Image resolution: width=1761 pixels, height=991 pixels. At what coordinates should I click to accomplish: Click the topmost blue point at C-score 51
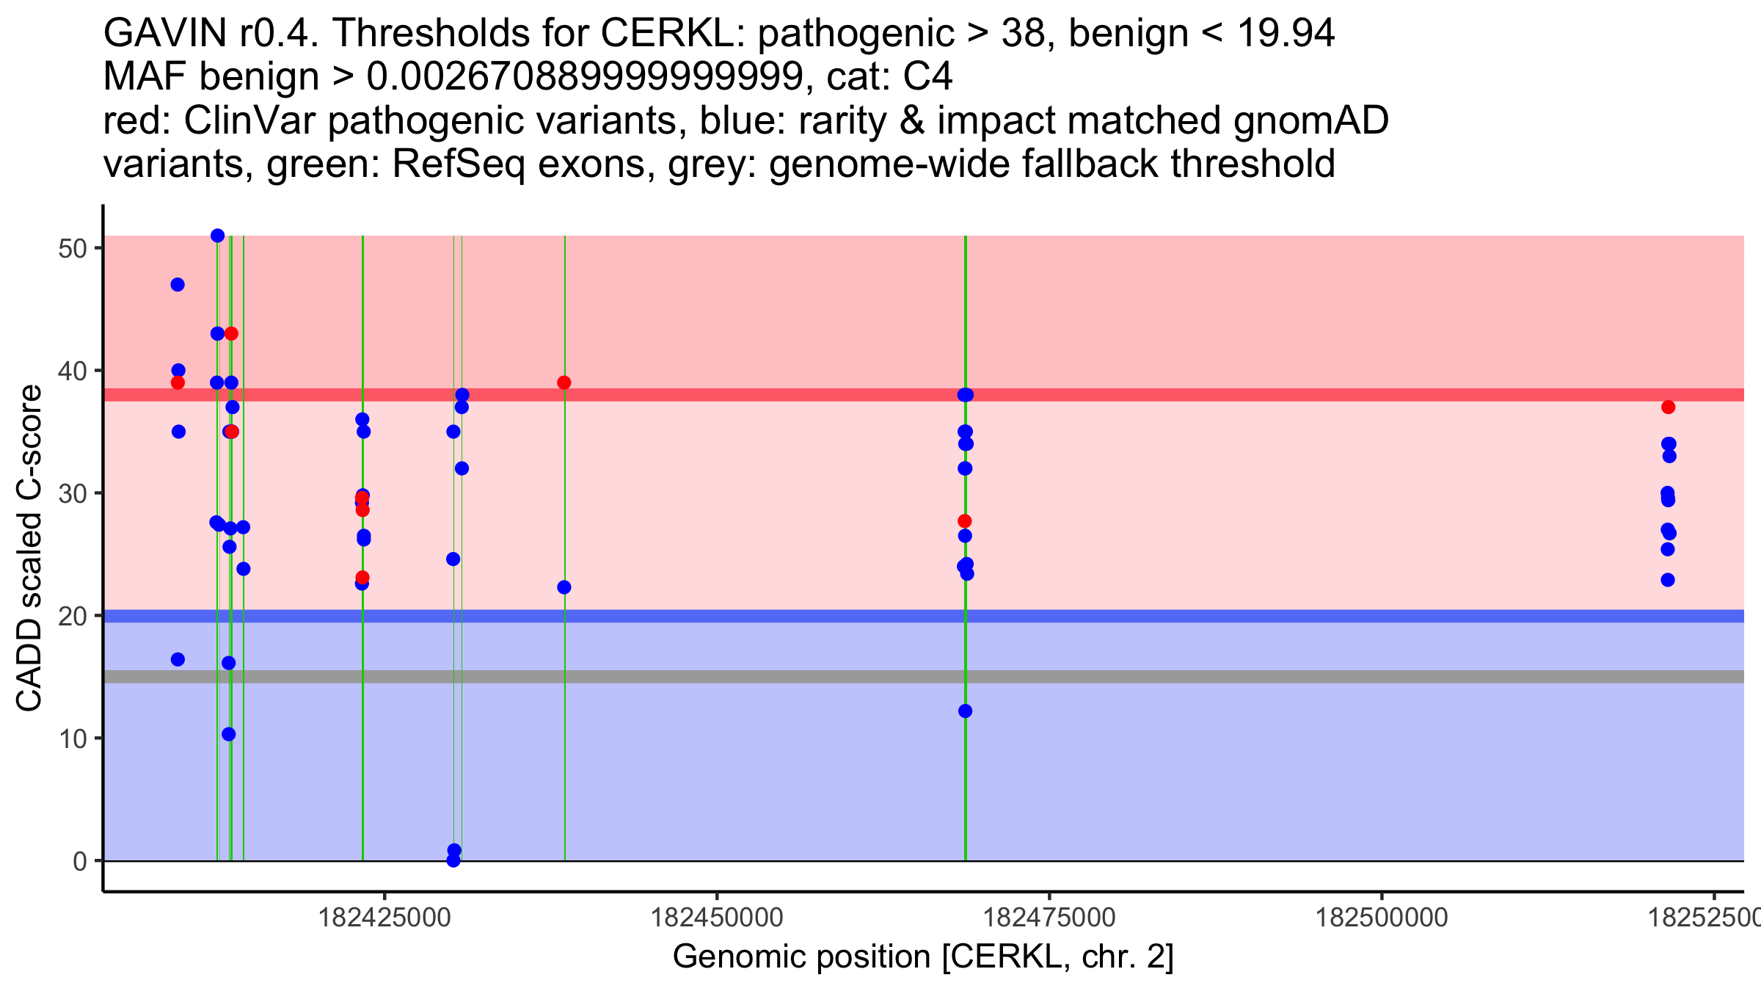[217, 236]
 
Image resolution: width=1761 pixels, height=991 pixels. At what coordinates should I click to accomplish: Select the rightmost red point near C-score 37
[1669, 407]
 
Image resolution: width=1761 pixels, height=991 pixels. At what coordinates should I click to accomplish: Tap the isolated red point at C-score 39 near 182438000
[564, 382]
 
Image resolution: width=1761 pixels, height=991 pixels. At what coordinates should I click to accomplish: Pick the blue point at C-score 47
[178, 285]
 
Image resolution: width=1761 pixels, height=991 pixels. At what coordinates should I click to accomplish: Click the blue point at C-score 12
[965, 711]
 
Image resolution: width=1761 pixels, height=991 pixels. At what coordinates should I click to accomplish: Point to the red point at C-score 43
[231, 333]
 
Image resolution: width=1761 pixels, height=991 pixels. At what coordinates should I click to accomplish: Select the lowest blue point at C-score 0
[453, 860]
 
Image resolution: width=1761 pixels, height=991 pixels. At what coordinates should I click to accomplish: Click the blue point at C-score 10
[229, 734]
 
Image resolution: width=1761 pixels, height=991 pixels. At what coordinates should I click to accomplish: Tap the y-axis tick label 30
[72, 493]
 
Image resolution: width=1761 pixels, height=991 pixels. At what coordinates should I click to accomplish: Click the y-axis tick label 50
[72, 248]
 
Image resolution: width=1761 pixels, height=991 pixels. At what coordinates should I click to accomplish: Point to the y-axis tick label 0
[80, 861]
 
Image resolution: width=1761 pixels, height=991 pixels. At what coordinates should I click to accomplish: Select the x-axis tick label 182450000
[717, 918]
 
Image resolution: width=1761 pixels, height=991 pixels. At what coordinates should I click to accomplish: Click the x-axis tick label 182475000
[1049, 918]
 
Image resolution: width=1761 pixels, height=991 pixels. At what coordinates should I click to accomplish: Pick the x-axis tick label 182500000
[1382, 918]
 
